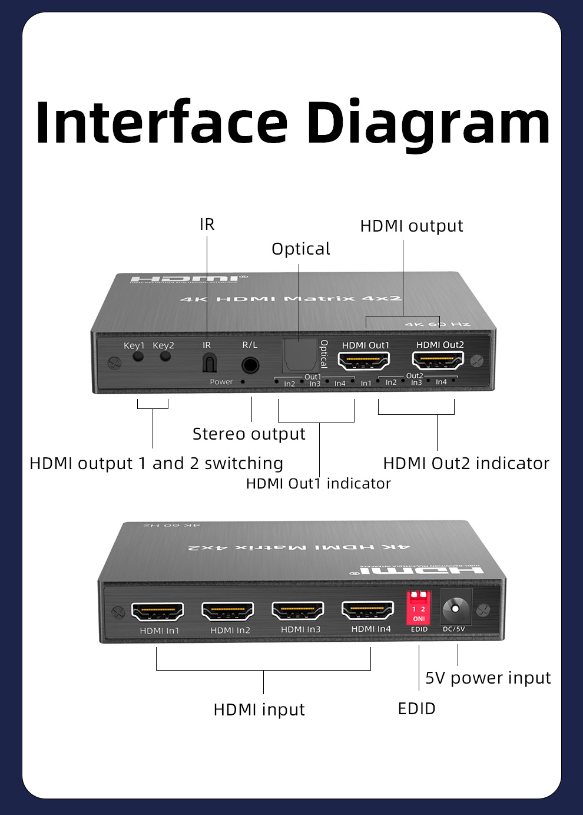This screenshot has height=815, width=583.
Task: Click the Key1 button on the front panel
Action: pyautogui.click(x=138, y=357)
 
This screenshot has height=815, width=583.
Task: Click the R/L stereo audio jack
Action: pyautogui.click(x=250, y=365)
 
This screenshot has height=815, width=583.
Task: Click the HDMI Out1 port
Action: pyautogui.click(x=364, y=360)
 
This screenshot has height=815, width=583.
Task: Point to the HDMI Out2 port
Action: pyautogui.click(x=438, y=359)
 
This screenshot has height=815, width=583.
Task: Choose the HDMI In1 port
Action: pyautogui.click(x=157, y=612)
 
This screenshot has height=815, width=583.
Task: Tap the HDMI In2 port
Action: pyautogui.click(x=228, y=611)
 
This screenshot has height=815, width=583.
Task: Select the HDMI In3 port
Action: pyautogui.click(x=298, y=611)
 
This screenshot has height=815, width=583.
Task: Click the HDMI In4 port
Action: pyautogui.click(x=368, y=610)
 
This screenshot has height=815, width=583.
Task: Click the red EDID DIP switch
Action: pyautogui.click(x=419, y=608)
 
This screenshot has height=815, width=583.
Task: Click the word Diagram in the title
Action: pyautogui.click(x=428, y=124)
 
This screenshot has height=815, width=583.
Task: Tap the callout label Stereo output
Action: pyautogui.click(x=249, y=434)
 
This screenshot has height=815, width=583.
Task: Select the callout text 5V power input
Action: pyautogui.click(x=488, y=678)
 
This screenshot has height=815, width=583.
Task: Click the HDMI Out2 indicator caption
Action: pyautogui.click(x=466, y=464)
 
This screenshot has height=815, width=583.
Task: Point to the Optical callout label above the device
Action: pyautogui.click(x=300, y=249)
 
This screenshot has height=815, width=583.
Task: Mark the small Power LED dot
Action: pyautogui.click(x=243, y=382)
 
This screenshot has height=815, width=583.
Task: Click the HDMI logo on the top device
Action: pyautogui.click(x=186, y=279)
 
